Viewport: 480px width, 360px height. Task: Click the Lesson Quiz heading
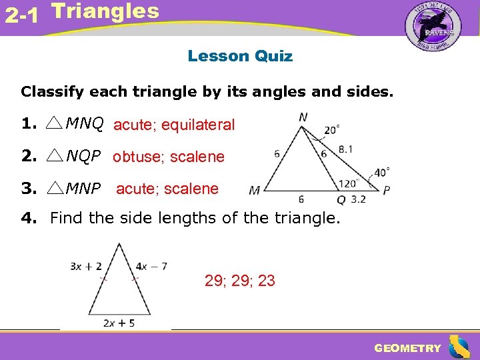point(240,56)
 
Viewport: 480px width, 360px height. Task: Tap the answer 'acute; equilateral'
point(174,125)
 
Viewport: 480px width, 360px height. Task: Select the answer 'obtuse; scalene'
point(169,157)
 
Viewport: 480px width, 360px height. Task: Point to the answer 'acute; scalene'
point(167,189)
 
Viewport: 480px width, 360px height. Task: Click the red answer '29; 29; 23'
point(240,281)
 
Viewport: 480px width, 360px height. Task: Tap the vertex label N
point(303,117)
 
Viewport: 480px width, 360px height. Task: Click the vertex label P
point(387,190)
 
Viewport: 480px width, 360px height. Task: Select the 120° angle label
point(348,182)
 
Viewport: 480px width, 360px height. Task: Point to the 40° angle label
point(382,173)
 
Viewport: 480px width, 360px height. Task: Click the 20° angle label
point(332,130)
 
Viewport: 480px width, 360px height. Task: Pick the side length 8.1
point(346,149)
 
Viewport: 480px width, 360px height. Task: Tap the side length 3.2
point(358,199)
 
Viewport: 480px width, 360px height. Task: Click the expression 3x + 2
point(86,266)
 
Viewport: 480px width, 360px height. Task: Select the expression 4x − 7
point(151,266)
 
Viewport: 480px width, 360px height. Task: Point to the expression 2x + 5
point(119,323)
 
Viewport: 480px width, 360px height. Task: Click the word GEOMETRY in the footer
point(408,348)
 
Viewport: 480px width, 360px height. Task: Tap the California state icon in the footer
point(459,347)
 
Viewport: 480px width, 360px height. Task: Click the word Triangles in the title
point(105,11)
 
